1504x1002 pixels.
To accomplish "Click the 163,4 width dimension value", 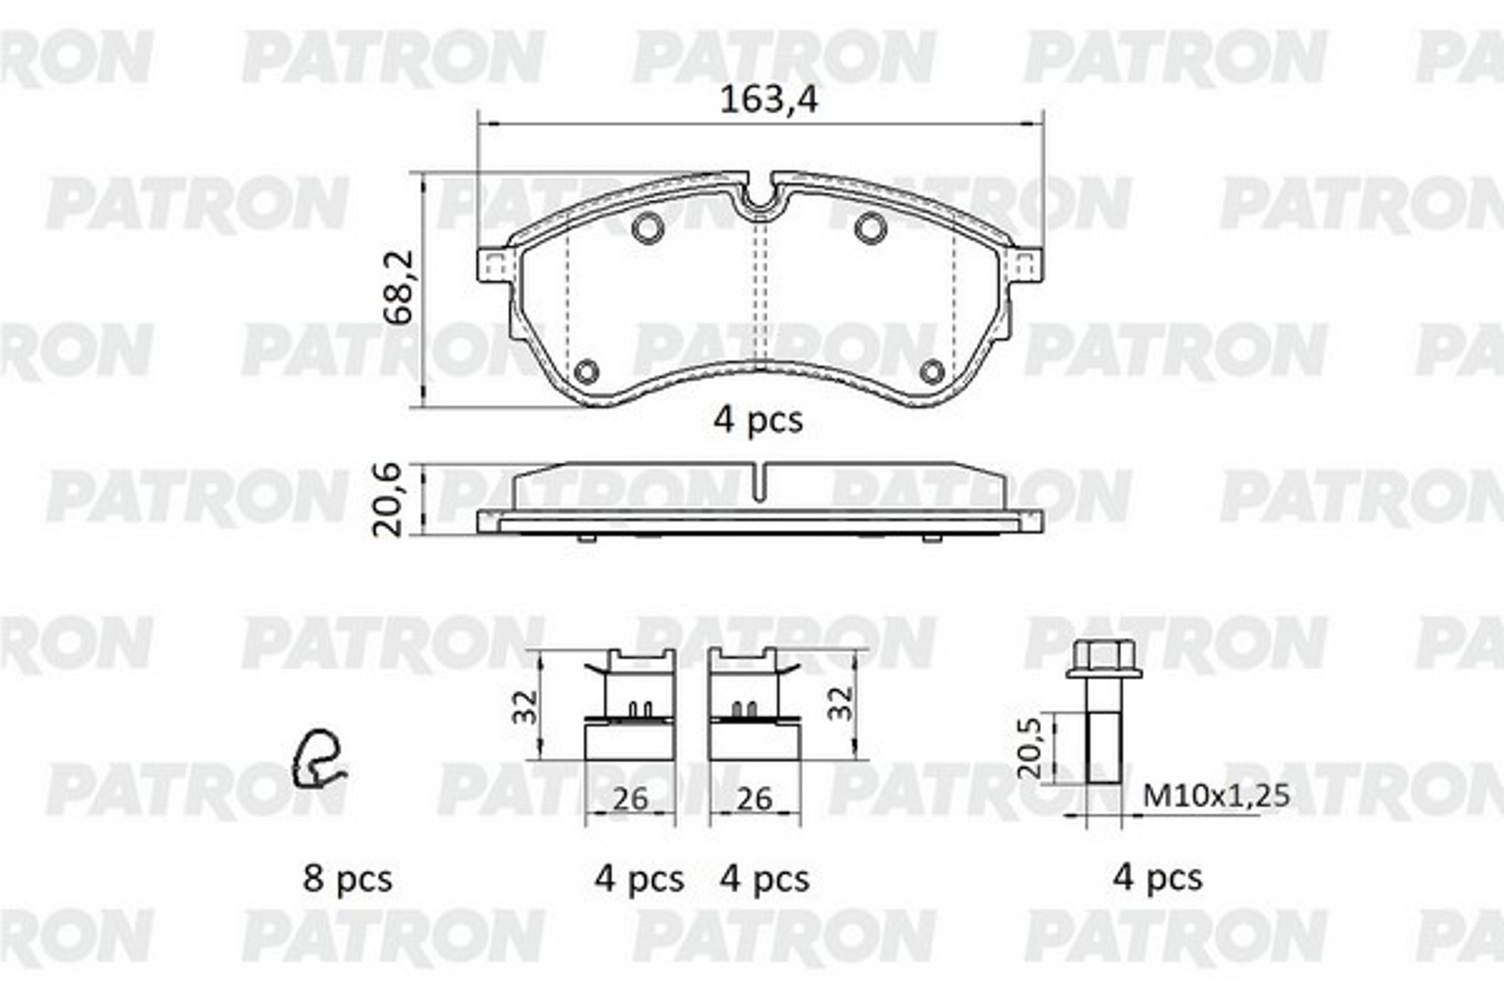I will [x=768, y=101].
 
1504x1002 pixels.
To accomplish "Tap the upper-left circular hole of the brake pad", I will [x=647, y=227].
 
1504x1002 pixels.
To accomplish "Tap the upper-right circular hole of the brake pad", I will [x=870, y=227].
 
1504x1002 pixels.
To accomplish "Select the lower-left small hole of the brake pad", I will [x=587, y=371].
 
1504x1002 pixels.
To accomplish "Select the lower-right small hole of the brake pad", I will [x=932, y=371].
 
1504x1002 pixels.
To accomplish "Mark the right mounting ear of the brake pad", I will [x=1025, y=265].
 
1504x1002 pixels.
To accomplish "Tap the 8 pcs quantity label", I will [x=347, y=879].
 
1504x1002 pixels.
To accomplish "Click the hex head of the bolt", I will [x=1104, y=658].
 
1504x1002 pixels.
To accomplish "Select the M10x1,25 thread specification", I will [x=1216, y=796].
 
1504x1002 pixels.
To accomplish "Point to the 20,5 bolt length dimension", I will [x=1030, y=747].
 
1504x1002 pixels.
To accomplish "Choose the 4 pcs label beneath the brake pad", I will [x=758, y=420].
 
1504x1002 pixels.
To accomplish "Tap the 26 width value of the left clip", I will [x=630, y=799].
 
